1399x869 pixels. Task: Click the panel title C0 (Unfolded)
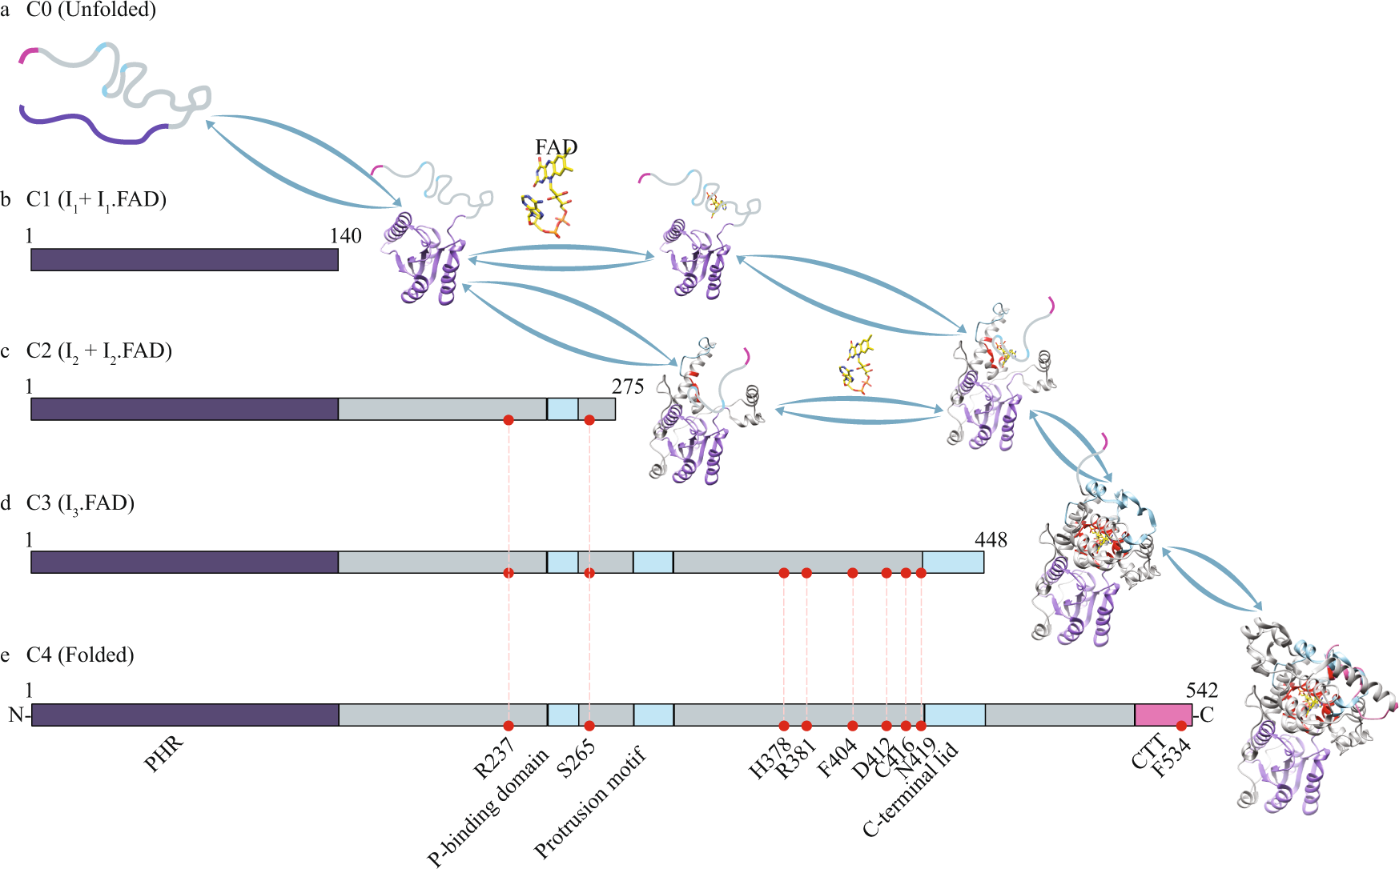tap(90, 10)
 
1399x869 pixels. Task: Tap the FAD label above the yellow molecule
tap(556, 147)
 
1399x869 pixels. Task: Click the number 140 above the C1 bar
tap(345, 236)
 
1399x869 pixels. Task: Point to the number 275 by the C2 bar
tap(628, 387)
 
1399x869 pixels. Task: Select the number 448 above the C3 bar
tap(991, 540)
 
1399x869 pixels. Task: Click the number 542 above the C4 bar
tap(1201, 691)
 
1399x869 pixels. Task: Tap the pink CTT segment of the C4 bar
tap(1162, 715)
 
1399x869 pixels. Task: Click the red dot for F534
tap(1181, 726)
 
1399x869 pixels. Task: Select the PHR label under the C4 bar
tap(164, 754)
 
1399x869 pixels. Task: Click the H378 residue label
tap(769, 759)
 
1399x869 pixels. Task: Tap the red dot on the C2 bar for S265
tap(589, 420)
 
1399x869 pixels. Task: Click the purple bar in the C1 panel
tap(184, 259)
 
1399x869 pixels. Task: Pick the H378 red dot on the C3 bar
tap(784, 573)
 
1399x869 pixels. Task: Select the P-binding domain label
tap(488, 808)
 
